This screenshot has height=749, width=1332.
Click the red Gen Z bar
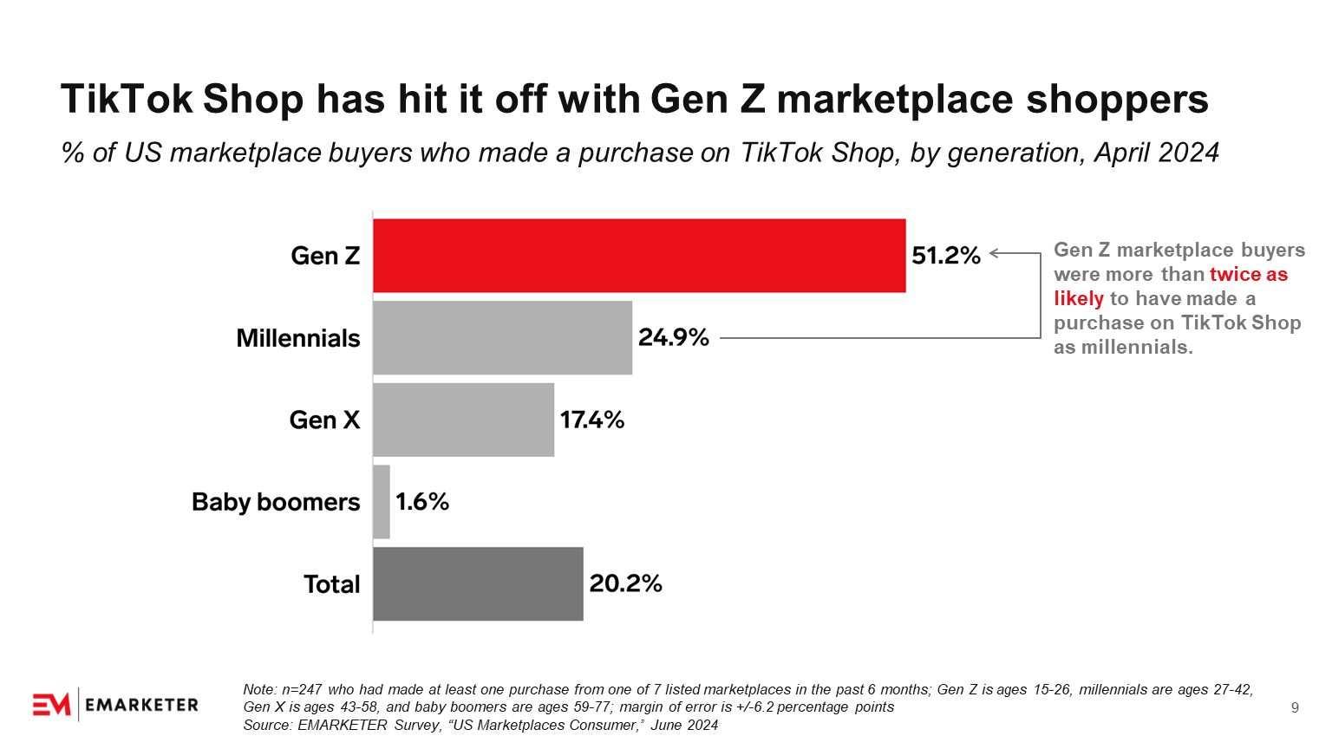pyautogui.click(x=639, y=256)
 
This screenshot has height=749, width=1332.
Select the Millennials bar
pyautogui.click(x=502, y=338)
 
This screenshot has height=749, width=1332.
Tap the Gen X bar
pyautogui.click(x=463, y=420)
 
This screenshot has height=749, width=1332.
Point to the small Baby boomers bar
pyautogui.click(x=382, y=502)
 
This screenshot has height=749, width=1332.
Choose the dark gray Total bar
pyautogui.click(x=478, y=583)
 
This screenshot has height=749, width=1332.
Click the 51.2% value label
pyautogui.click(x=945, y=256)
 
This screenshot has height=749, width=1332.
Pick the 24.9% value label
pyautogui.click(x=674, y=338)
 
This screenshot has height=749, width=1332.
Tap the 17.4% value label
pyautogui.click(x=592, y=420)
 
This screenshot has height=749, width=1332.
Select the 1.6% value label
pyautogui.click(x=422, y=502)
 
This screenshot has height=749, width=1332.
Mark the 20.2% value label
pyautogui.click(x=625, y=583)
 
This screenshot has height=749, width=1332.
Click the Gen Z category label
pyautogui.click(x=325, y=256)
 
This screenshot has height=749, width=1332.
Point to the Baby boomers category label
pyautogui.click(x=276, y=502)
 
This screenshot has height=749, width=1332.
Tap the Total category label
pyautogui.click(x=331, y=584)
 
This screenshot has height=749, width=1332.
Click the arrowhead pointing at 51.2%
pyautogui.click(x=995, y=253)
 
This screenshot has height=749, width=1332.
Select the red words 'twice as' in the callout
pyautogui.click(x=1249, y=275)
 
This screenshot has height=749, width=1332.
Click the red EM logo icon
pyautogui.click(x=51, y=705)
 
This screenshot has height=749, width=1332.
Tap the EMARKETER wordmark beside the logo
pyautogui.click(x=142, y=705)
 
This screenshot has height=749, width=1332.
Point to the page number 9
pyautogui.click(x=1295, y=708)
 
